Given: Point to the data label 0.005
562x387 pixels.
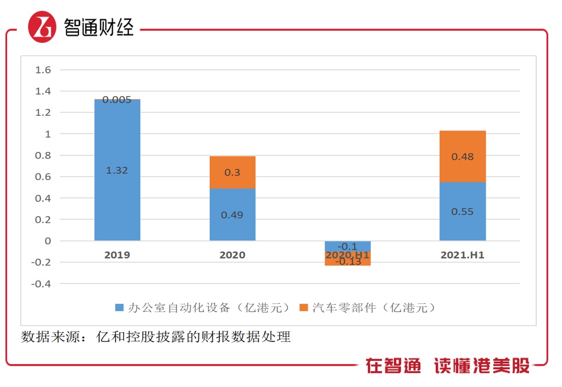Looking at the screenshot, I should pyautogui.click(x=117, y=100).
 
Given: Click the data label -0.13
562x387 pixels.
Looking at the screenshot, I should pyautogui.click(x=347, y=262).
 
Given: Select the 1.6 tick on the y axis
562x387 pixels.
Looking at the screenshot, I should pyautogui.click(x=43, y=70).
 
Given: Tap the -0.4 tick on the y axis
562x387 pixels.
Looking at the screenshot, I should pyautogui.click(x=41, y=284).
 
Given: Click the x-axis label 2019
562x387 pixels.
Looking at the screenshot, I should pyautogui.click(x=117, y=255).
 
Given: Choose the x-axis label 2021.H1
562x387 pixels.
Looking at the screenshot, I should pyautogui.click(x=462, y=255).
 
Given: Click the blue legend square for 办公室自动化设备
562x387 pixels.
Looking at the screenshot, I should pyautogui.click(x=119, y=308).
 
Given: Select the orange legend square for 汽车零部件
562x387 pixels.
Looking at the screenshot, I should pyautogui.click(x=303, y=308).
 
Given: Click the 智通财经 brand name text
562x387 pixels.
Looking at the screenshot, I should pyautogui.click(x=99, y=27).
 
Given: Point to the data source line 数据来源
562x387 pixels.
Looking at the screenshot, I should pyautogui.click(x=155, y=337).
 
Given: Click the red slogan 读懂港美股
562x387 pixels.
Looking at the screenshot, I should pyautogui.click(x=482, y=365).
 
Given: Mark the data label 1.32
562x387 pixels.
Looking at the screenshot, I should pyautogui.click(x=117, y=171).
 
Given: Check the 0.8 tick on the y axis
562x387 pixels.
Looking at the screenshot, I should pyautogui.click(x=43, y=156).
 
